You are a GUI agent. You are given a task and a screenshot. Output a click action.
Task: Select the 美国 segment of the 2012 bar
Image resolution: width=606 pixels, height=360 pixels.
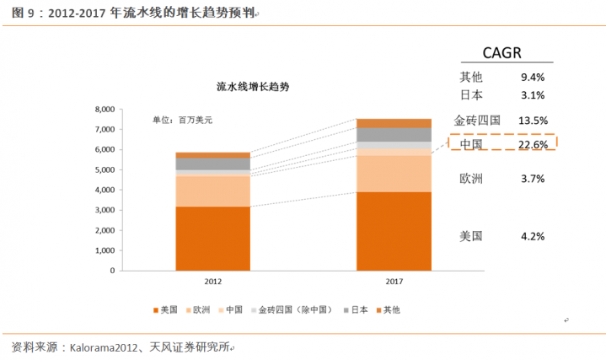coord(212,239)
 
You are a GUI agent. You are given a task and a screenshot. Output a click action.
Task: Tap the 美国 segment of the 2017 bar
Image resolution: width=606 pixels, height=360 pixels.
coord(394,231)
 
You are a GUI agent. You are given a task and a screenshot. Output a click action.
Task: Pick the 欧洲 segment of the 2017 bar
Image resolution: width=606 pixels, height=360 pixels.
coord(394,174)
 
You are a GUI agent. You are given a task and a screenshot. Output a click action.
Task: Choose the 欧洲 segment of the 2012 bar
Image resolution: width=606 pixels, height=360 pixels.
coord(212,191)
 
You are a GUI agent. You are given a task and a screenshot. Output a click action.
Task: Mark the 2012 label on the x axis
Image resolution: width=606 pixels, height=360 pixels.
coord(212,282)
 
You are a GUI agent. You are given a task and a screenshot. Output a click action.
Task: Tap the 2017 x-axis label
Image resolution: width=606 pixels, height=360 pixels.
coord(394,282)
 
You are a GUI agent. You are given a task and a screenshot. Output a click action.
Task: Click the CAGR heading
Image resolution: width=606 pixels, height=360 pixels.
coord(501,53)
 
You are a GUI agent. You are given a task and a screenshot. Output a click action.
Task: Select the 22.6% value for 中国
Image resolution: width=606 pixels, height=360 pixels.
coord(533,145)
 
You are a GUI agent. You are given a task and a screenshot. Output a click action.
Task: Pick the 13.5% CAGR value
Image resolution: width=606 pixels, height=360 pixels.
coord(533,120)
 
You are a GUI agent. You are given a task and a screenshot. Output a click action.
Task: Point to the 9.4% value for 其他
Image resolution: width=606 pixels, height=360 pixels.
coord(533,78)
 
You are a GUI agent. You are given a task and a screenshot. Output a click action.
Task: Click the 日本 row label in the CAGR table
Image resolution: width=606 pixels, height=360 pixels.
coord(471,94)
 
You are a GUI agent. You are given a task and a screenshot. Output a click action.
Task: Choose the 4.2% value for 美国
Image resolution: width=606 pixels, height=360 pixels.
coord(533,236)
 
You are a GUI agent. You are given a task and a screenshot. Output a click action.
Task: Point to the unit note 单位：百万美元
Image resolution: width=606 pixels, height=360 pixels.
coord(182,121)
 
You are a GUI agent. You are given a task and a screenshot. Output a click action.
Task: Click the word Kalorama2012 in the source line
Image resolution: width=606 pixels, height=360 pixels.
coord(108,347)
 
